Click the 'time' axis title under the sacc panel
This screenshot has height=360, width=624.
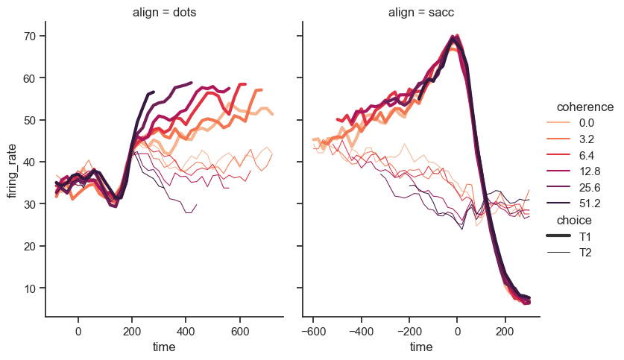tap(421, 347)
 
